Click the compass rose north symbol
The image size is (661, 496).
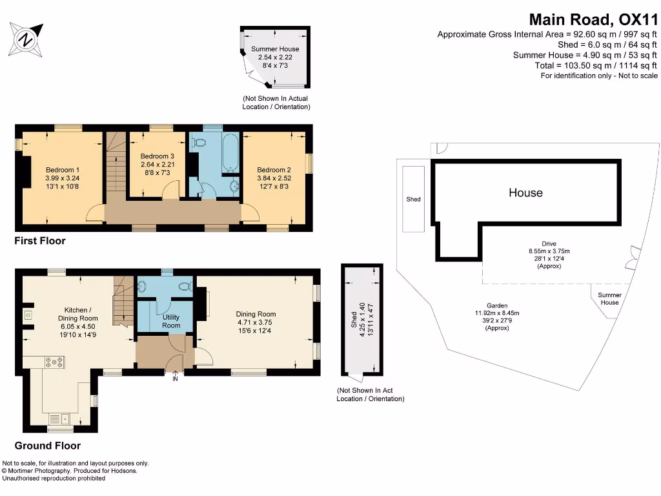[26, 38]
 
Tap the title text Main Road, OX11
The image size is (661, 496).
[593, 19]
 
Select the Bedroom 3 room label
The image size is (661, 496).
[158, 156]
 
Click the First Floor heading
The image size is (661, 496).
[40, 241]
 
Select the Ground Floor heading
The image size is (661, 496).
[48, 446]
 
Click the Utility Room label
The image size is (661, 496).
[171, 322]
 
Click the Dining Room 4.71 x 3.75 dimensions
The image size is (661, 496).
[256, 323]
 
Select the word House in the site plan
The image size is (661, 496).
[525, 192]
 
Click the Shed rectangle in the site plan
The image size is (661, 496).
[413, 199]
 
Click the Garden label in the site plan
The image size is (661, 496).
[497, 305]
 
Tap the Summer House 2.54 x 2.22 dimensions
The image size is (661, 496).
[275, 57]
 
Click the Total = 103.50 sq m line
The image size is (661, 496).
[596, 65]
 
